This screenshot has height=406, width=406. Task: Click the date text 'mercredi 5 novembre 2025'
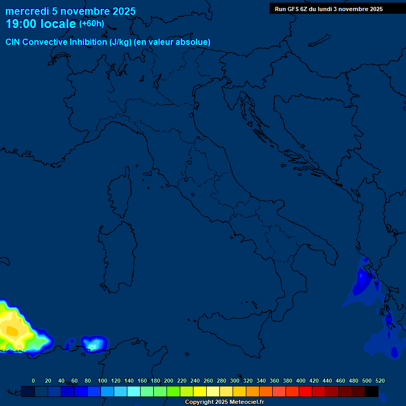[x=70, y=11]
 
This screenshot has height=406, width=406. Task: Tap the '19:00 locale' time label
[x=41, y=24]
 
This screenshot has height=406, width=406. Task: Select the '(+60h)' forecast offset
[x=91, y=24]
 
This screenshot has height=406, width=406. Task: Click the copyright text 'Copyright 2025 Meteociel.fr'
[x=224, y=402]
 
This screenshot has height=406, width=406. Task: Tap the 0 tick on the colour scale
[x=33, y=381]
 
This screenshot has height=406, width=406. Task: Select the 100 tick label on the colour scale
[x=102, y=381]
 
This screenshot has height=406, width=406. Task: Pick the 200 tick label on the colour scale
[x=169, y=381]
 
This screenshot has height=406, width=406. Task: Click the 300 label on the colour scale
[x=235, y=381]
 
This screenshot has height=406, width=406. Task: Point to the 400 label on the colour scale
[x=301, y=381]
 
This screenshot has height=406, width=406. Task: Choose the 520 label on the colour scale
[x=380, y=381]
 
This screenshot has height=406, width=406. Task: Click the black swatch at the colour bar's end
[x=372, y=391]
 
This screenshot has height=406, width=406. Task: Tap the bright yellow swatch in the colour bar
[x=200, y=391]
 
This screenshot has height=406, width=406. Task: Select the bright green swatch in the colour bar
[x=173, y=391]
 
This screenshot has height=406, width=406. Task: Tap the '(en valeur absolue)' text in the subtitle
[x=172, y=42]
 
